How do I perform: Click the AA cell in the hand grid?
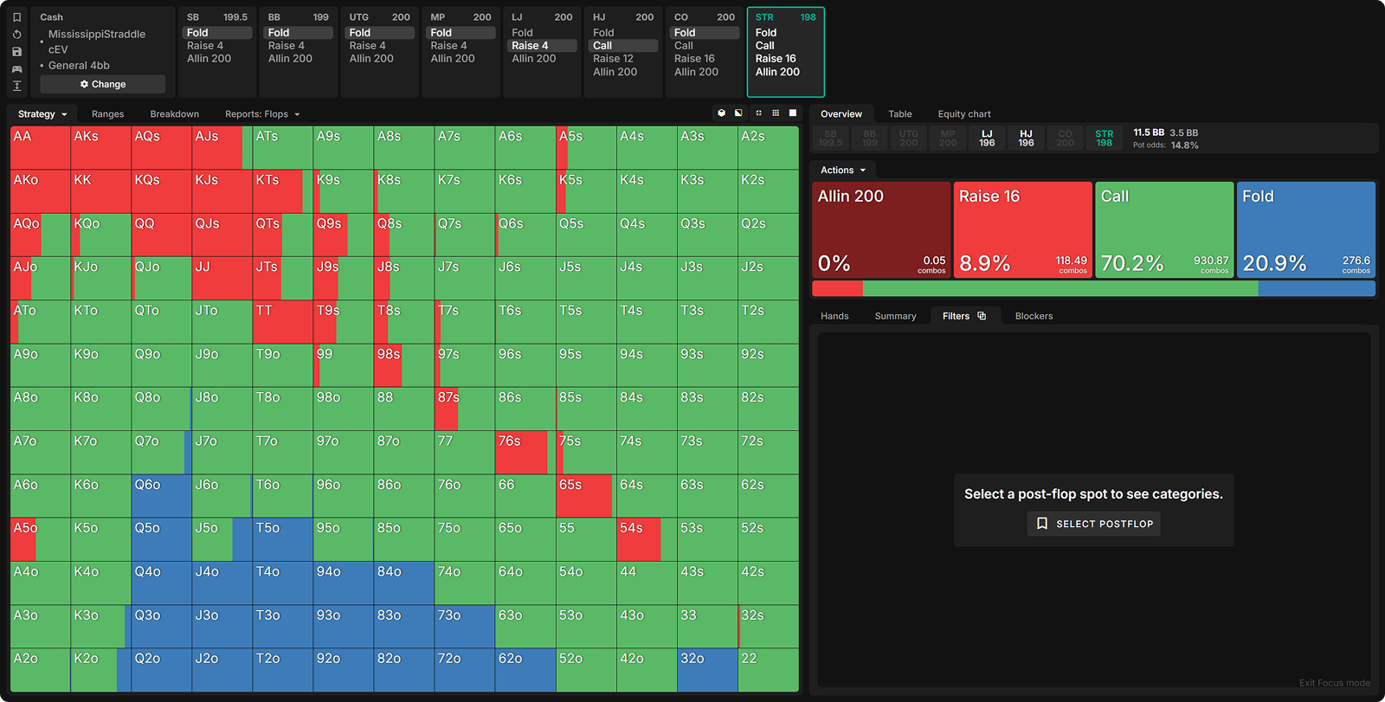point(40,148)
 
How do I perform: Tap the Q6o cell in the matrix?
point(161,496)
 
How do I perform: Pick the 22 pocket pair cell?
point(768,670)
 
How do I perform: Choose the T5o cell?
point(282,539)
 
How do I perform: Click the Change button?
point(102,84)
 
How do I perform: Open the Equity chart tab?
point(963,114)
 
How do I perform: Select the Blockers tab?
point(1034,316)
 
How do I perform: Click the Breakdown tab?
point(174,114)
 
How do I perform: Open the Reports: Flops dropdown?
point(261,114)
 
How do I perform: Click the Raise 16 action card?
point(1021,229)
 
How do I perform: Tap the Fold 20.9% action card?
point(1305,229)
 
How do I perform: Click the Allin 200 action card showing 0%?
point(880,229)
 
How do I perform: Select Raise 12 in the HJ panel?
point(613,59)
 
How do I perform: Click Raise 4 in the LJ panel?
point(530,46)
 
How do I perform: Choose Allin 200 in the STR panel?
point(777,72)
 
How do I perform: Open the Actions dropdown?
point(842,171)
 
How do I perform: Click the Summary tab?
point(895,316)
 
